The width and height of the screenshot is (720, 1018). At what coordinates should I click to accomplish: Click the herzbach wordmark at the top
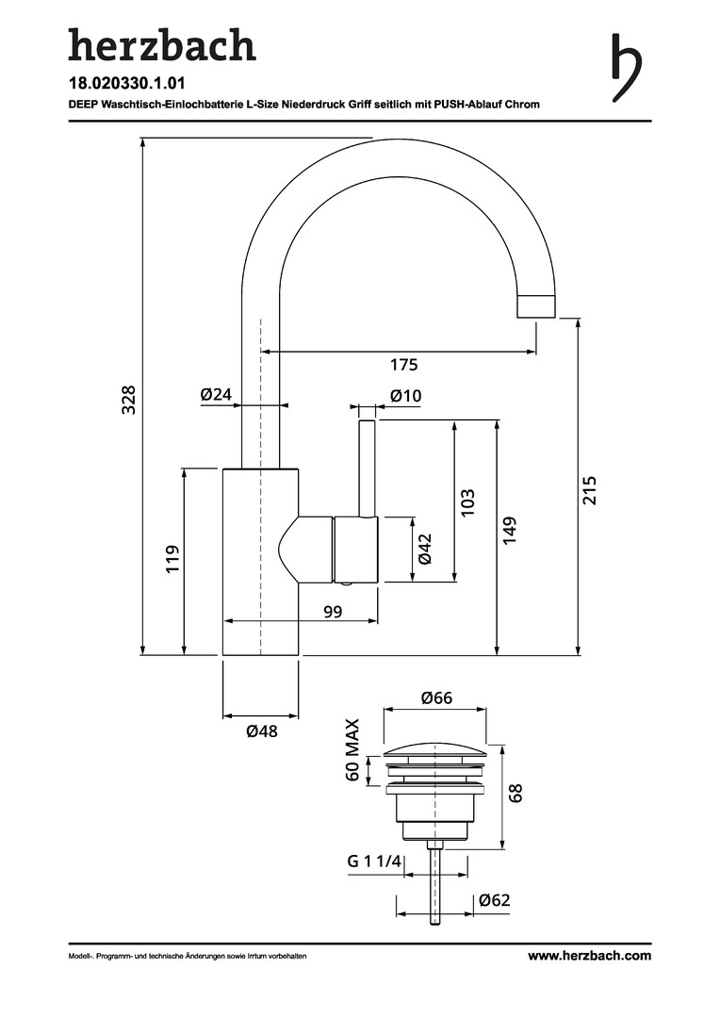[x=162, y=45]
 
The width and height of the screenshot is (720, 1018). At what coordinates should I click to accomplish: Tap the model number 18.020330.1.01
[x=126, y=84]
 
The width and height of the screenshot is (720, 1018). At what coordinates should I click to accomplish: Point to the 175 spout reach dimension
[x=403, y=365]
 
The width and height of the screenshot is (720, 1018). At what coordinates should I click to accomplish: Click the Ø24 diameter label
[x=216, y=395]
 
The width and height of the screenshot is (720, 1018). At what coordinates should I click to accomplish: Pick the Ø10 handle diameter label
[x=405, y=396]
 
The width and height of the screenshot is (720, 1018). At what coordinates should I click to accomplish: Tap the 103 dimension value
[x=467, y=501]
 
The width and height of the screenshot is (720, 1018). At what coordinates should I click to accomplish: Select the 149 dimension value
[x=510, y=530]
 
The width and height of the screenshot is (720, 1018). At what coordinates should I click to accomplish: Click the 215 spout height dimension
[x=590, y=489]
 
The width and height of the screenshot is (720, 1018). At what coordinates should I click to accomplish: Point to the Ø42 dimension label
[x=425, y=548]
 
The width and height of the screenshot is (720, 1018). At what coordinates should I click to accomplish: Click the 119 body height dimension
[x=172, y=560]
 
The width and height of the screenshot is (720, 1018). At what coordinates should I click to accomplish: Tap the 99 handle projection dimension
[x=333, y=612]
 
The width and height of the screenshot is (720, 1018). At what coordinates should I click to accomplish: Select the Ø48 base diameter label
[x=261, y=731]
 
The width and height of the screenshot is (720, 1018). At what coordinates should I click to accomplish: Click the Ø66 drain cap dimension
[x=437, y=698]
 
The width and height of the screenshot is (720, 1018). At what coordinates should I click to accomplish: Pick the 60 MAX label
[x=352, y=750]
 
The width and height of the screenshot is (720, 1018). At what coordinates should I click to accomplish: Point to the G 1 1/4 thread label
[x=374, y=862]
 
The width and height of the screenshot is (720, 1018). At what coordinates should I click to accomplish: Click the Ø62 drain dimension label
[x=494, y=900]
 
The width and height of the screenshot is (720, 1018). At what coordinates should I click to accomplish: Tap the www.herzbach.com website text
[x=589, y=956]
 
